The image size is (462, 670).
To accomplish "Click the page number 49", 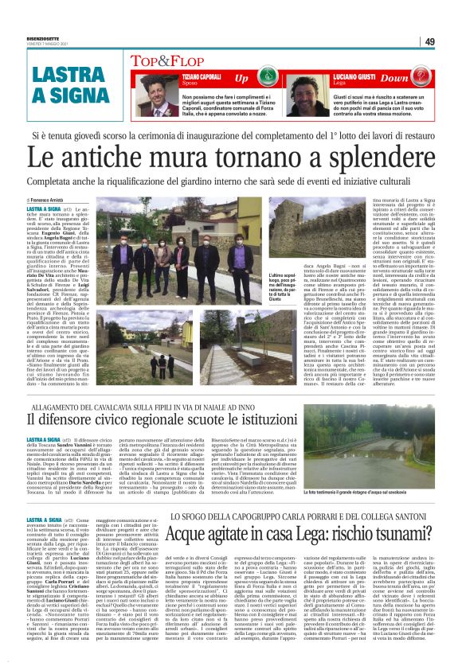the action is coord(452,41).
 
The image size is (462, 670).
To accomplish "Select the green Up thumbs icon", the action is coord(265,77).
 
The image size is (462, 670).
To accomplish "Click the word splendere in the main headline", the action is coord(368,160).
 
